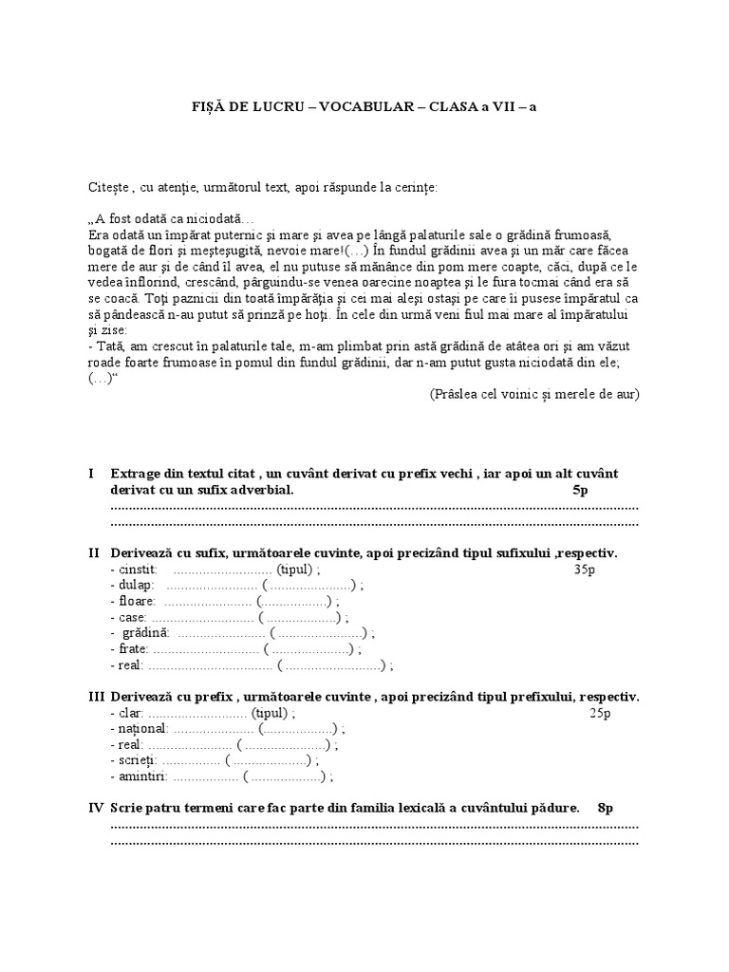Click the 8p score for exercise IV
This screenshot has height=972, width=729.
606,808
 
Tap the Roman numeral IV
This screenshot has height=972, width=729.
96,808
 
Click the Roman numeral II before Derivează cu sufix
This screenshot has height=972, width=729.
94,552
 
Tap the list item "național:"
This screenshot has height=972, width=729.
140,729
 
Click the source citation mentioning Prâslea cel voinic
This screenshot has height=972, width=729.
534,394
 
